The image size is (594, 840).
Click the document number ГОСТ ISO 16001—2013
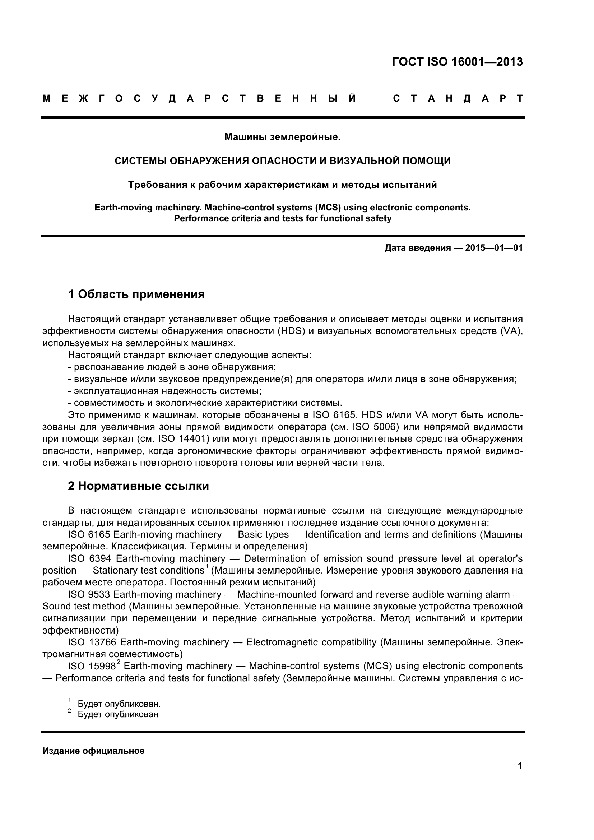[457, 62]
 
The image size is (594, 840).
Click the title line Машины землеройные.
[282, 138]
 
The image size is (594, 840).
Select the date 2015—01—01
[494, 248]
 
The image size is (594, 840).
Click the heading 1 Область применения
[136, 294]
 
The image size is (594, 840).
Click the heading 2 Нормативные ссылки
[138, 486]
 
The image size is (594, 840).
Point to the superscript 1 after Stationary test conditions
[207, 567]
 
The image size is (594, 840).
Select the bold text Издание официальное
[93, 751]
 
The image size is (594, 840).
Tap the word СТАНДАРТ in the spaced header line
[457, 98]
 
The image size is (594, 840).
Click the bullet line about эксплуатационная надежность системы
[164, 391]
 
